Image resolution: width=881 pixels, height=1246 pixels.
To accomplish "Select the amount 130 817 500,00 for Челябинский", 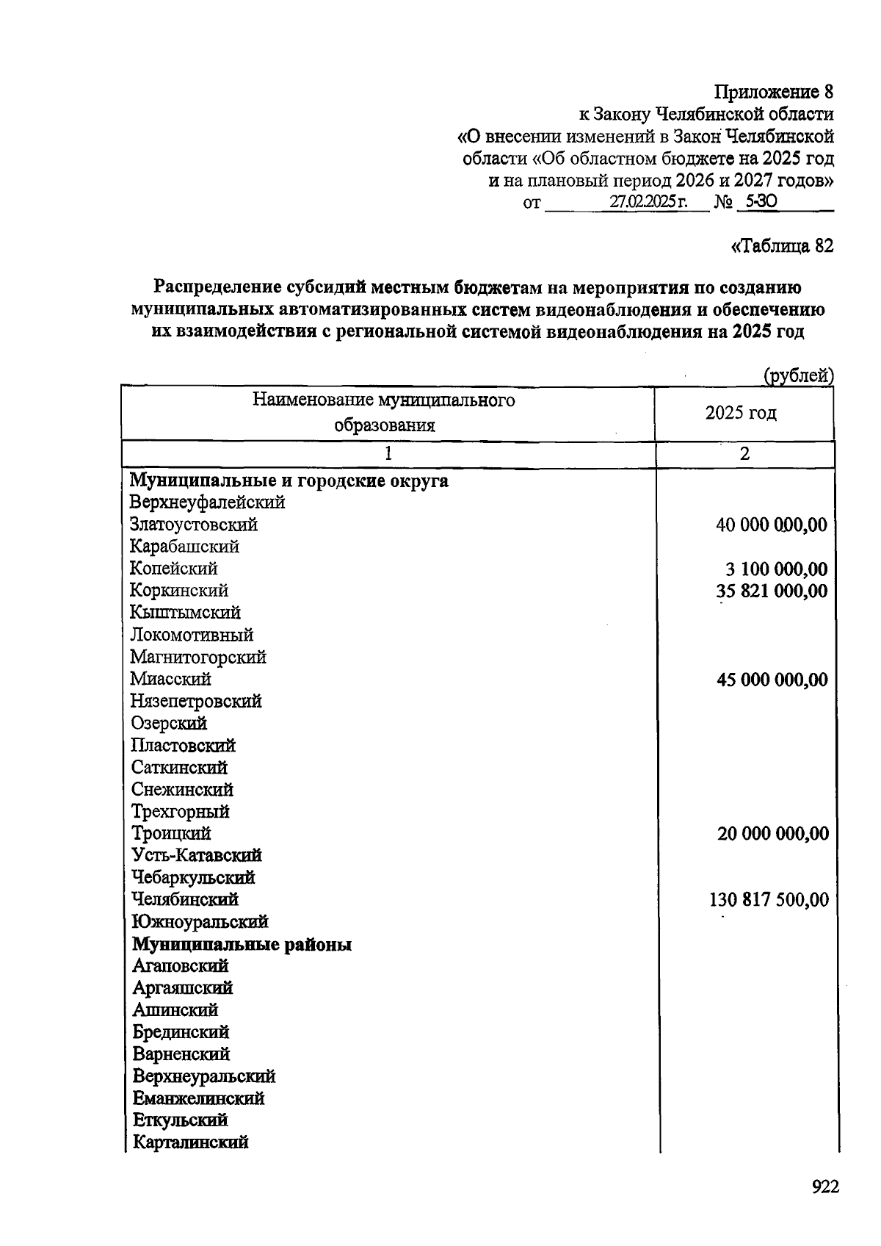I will click(769, 900).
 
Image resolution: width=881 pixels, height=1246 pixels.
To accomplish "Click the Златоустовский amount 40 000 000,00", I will click(771, 525).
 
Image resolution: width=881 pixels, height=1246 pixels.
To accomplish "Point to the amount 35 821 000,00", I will click(772, 591).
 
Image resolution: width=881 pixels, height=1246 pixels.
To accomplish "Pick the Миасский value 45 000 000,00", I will click(772, 680).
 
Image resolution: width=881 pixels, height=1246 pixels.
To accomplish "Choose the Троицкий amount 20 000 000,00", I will click(773, 834).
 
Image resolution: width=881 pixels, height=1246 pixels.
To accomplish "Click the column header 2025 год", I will click(741, 413).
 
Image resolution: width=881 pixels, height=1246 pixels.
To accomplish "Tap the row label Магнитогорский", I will click(198, 658).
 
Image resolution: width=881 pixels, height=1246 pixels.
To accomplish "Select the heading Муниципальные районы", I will click(242, 945).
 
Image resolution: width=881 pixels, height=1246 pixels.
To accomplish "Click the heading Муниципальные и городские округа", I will click(289, 481).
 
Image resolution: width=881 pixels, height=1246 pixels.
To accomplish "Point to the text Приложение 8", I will click(774, 93).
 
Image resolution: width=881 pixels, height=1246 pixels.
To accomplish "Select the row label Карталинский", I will click(190, 1142).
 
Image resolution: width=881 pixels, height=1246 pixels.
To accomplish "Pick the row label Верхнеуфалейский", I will click(207, 503).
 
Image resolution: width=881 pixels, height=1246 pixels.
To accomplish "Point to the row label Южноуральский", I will click(200, 922).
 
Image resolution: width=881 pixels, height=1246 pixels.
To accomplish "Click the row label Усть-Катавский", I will click(197, 856).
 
